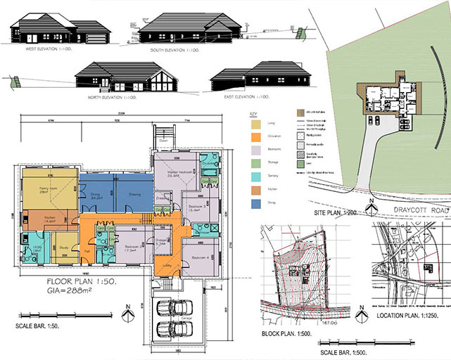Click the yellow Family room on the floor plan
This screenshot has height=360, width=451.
coord(48,189)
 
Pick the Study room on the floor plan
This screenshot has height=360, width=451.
coord(62,247)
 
